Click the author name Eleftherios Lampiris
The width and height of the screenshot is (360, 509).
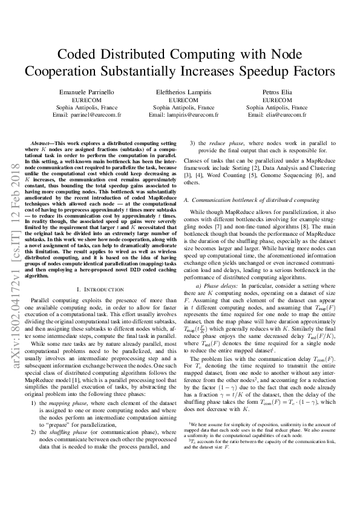pyautogui.click(x=180, y=90)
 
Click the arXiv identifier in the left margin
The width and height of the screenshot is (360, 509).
pyautogui.click(x=12, y=254)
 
